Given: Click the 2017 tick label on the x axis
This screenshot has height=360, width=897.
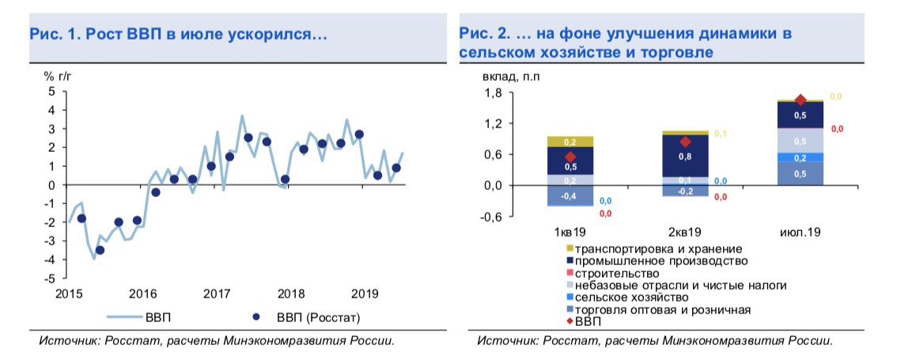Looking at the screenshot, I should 217,294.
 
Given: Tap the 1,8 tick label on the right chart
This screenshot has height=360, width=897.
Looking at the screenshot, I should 494,93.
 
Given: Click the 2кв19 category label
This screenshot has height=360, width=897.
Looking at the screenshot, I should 684,233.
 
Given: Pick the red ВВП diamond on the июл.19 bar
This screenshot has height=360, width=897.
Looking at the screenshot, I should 800,100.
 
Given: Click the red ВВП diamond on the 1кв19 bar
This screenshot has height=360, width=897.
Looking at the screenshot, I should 570,157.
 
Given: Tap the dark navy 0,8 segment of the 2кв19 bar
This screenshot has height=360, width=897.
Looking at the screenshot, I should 685,157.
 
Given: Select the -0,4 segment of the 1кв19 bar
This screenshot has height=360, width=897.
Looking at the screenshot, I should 570,195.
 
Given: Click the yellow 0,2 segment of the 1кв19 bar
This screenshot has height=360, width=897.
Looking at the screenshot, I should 570,142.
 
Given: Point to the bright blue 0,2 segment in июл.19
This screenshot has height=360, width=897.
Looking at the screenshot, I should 800,157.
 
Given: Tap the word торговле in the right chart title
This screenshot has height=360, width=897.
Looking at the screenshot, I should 679,53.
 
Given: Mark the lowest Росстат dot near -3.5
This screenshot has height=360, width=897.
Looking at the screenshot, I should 100,250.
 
